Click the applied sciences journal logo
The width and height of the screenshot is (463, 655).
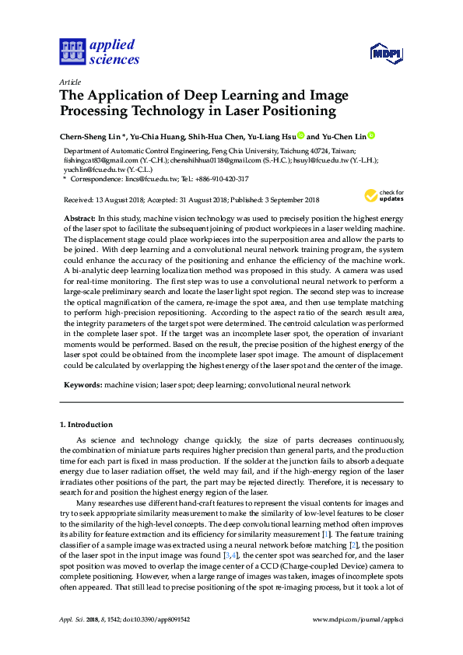pyautogui.click(x=100, y=51)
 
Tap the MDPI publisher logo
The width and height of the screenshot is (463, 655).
pyautogui.click(x=386, y=53)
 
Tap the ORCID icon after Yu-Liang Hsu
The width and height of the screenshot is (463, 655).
pyautogui.click(x=301, y=136)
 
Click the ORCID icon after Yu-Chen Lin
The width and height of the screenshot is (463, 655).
pyautogui.click(x=371, y=136)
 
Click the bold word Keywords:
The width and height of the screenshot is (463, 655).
pyautogui.click(x=82, y=384)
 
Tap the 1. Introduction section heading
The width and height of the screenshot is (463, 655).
pyautogui.click(x=86, y=425)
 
